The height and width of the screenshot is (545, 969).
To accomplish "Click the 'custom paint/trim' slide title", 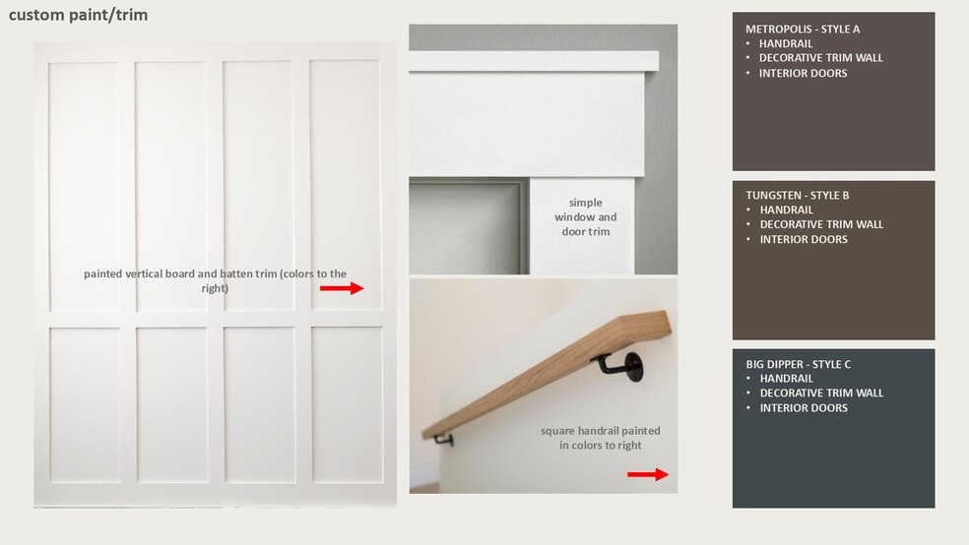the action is point(78,16).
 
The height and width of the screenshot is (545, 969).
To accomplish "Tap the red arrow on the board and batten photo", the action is point(342,288).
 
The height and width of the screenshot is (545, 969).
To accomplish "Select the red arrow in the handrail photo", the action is point(648,474).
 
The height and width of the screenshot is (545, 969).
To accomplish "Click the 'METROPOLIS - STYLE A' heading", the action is point(803,29).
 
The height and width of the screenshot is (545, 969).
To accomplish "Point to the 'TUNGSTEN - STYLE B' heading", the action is point(798,195).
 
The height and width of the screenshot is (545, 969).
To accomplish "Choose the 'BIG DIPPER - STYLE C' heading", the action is point(798,364).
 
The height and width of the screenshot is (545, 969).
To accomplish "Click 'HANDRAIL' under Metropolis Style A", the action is point(786,44).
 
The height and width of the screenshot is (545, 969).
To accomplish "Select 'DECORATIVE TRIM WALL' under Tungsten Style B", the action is point(821,224).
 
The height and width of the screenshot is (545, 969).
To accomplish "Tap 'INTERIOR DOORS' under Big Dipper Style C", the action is point(804,408).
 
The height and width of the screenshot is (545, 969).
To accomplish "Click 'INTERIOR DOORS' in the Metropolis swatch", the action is point(803,74).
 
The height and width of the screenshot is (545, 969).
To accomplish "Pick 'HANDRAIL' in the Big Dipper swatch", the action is point(786,379).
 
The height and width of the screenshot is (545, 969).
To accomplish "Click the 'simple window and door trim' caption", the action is point(585,217).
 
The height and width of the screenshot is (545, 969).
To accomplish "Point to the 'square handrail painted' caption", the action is point(600,431).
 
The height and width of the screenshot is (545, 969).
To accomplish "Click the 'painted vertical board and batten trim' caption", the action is point(215,280).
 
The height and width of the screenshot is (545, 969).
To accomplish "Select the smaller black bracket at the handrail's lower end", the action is point(444,440).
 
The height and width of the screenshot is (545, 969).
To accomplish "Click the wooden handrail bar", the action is point(547,374).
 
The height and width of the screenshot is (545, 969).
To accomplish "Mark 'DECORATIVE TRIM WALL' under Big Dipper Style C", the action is point(821,394).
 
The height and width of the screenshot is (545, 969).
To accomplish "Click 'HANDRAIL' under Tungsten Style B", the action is point(786,210).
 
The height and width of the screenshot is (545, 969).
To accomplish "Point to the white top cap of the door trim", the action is point(534,61).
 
